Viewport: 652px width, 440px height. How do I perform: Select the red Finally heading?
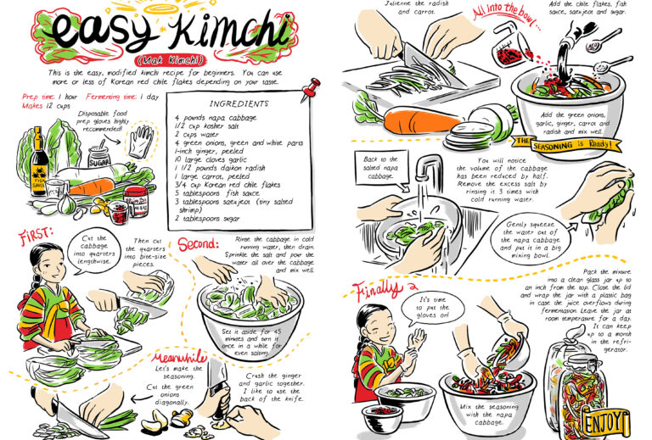[374, 291]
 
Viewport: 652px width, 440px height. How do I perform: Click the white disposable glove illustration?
[141, 140]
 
